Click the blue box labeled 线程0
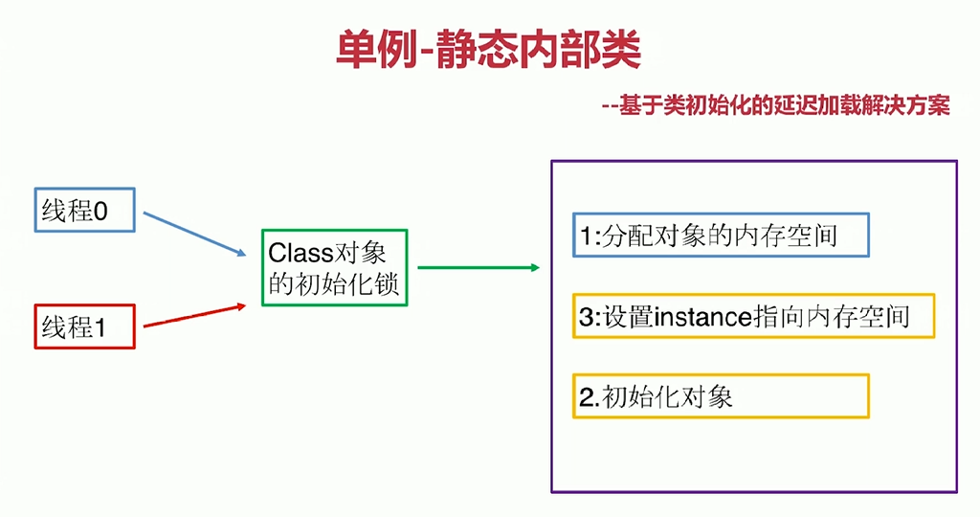(x=85, y=210)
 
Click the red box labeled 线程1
(x=85, y=326)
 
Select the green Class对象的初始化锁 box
(x=334, y=267)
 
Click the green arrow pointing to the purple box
(x=479, y=267)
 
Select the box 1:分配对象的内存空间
(x=720, y=235)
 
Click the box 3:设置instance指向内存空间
(x=753, y=316)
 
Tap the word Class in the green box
(x=299, y=253)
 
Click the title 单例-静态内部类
(x=488, y=50)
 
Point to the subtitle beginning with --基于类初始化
(x=775, y=106)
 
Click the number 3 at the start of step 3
(x=586, y=317)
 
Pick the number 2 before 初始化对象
(x=586, y=396)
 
